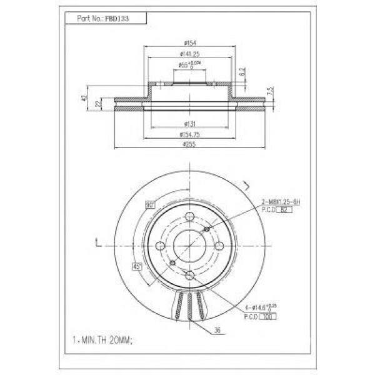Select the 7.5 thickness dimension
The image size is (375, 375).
[x=270, y=91]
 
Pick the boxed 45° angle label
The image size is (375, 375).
[x=138, y=267]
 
